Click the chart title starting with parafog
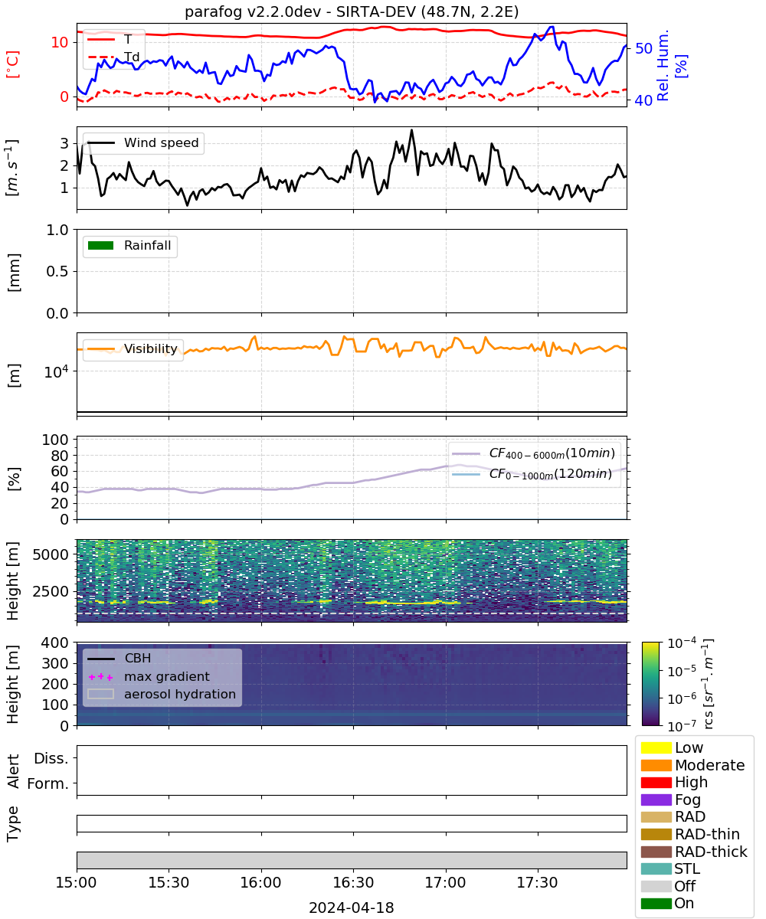(x=352, y=11)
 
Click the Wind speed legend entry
(x=143, y=142)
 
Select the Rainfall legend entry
(x=129, y=245)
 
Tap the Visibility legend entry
(x=133, y=348)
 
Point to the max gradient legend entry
(x=149, y=676)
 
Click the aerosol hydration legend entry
(x=162, y=694)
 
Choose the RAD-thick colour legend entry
(x=694, y=852)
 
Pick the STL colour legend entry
(x=670, y=868)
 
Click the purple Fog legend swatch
(x=656, y=800)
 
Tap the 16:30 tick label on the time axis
(x=353, y=882)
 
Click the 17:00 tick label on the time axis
(x=446, y=882)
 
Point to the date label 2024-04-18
(x=352, y=908)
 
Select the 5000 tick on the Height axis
(x=51, y=554)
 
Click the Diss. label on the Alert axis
(x=51, y=758)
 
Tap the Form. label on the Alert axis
(x=48, y=783)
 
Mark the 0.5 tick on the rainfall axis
(x=57, y=272)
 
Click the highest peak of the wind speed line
(x=412, y=130)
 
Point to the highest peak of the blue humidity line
(x=552, y=27)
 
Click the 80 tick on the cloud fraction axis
(x=60, y=456)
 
